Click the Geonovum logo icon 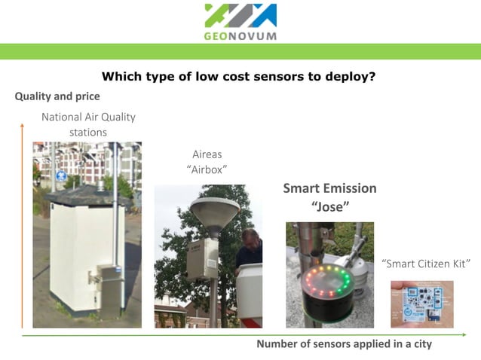pyautogui.click(x=240, y=16)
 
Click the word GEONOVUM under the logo pyautogui.click(x=240, y=35)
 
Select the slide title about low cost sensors pyautogui.click(x=238, y=76)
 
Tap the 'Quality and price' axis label pyautogui.click(x=57, y=96)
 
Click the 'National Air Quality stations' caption pyautogui.click(x=88, y=124)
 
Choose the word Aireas pyautogui.click(x=207, y=154)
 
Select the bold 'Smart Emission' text pyautogui.click(x=329, y=188)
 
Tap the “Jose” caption pyautogui.click(x=329, y=206)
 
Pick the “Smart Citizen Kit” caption pyautogui.click(x=426, y=264)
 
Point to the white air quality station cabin pyautogui.click(x=75, y=249)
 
